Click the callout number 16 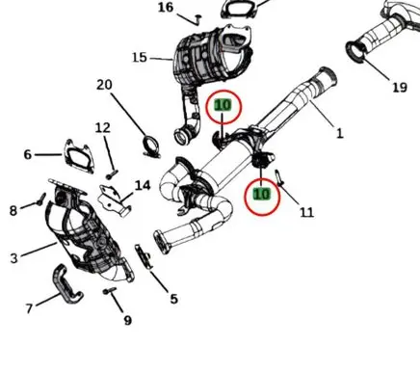click(x=166, y=8)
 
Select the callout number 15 click(x=140, y=58)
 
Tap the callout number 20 click(x=104, y=85)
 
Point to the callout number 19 click(x=400, y=87)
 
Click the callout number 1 click(x=340, y=133)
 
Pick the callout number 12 click(x=103, y=128)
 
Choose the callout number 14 click(x=143, y=185)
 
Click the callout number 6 click(x=28, y=154)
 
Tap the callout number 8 click(x=13, y=211)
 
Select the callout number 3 click(x=13, y=258)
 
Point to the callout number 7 click(x=29, y=308)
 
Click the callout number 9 click(x=128, y=320)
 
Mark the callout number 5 click(x=173, y=299)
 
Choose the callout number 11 click(x=306, y=212)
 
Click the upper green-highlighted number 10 click(x=223, y=105)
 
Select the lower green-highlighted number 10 click(x=262, y=194)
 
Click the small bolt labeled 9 click(x=110, y=291)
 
